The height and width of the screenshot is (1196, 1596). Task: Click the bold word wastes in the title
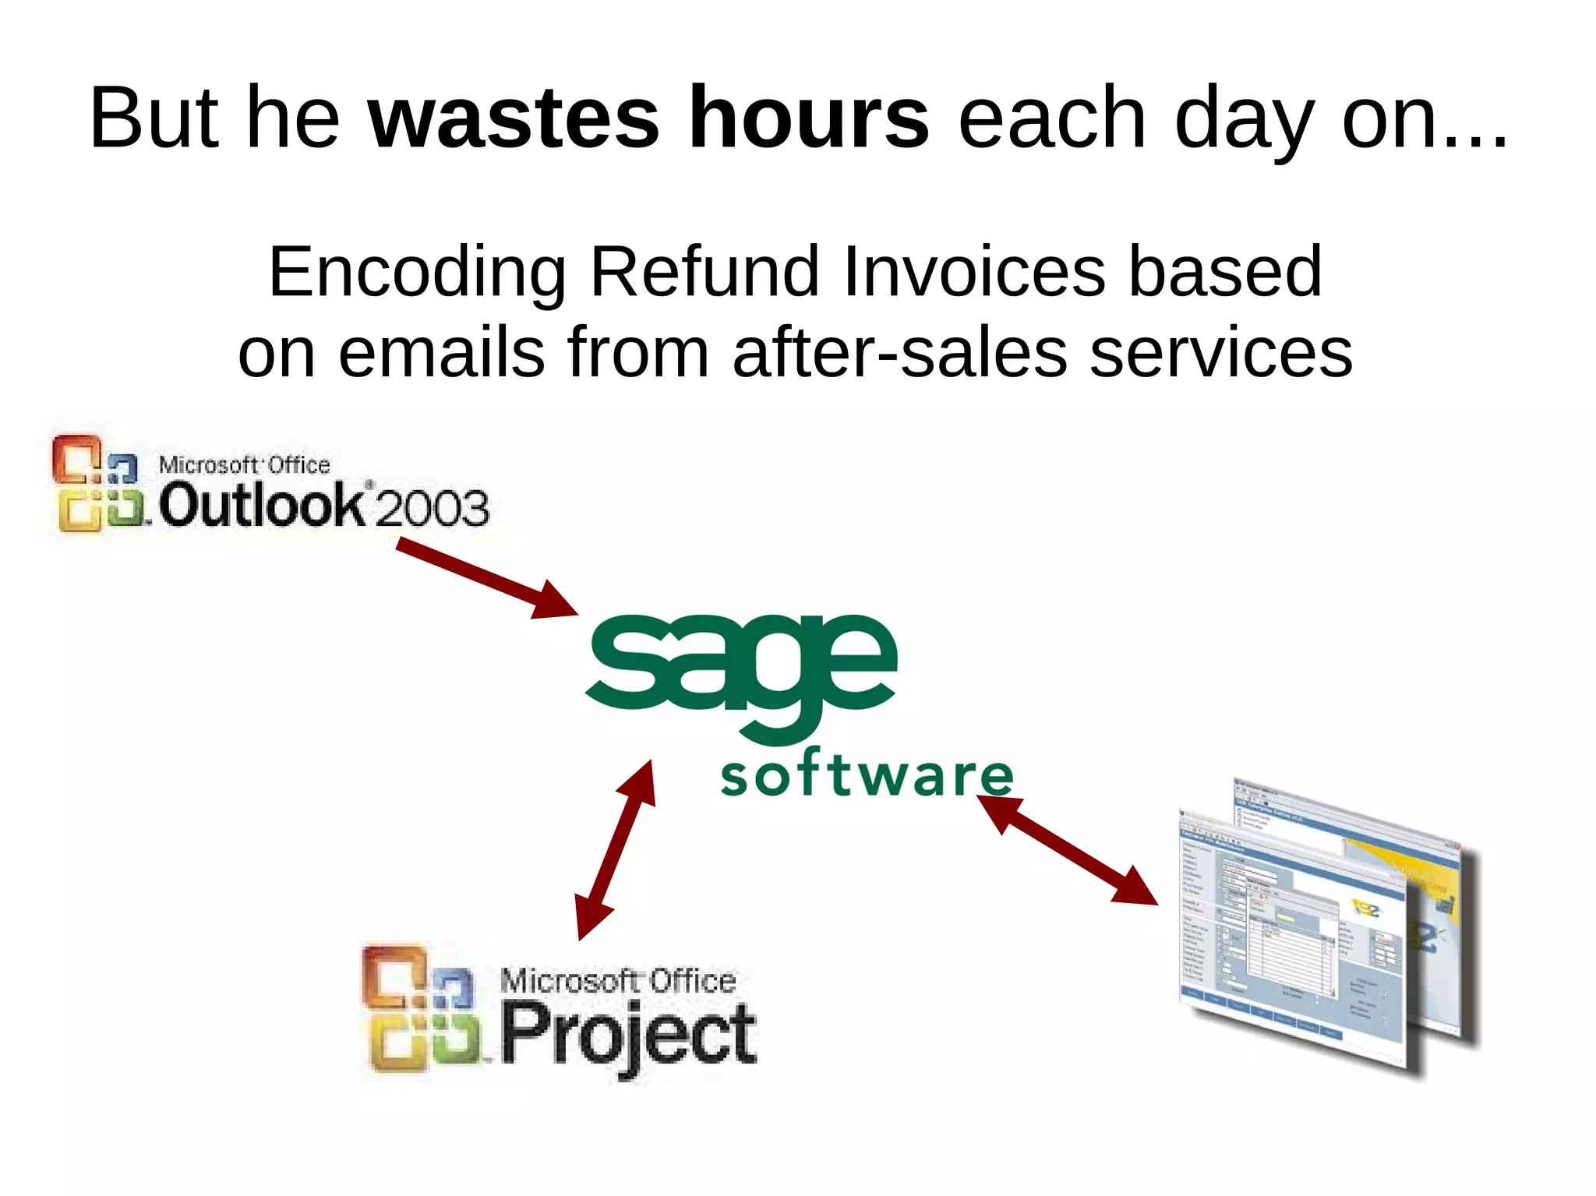(x=513, y=118)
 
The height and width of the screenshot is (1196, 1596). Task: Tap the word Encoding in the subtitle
(x=417, y=273)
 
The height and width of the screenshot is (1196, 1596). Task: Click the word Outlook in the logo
(x=261, y=505)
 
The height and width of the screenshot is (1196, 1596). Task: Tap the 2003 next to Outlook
(x=433, y=508)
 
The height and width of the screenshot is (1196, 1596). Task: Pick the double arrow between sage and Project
(x=616, y=850)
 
